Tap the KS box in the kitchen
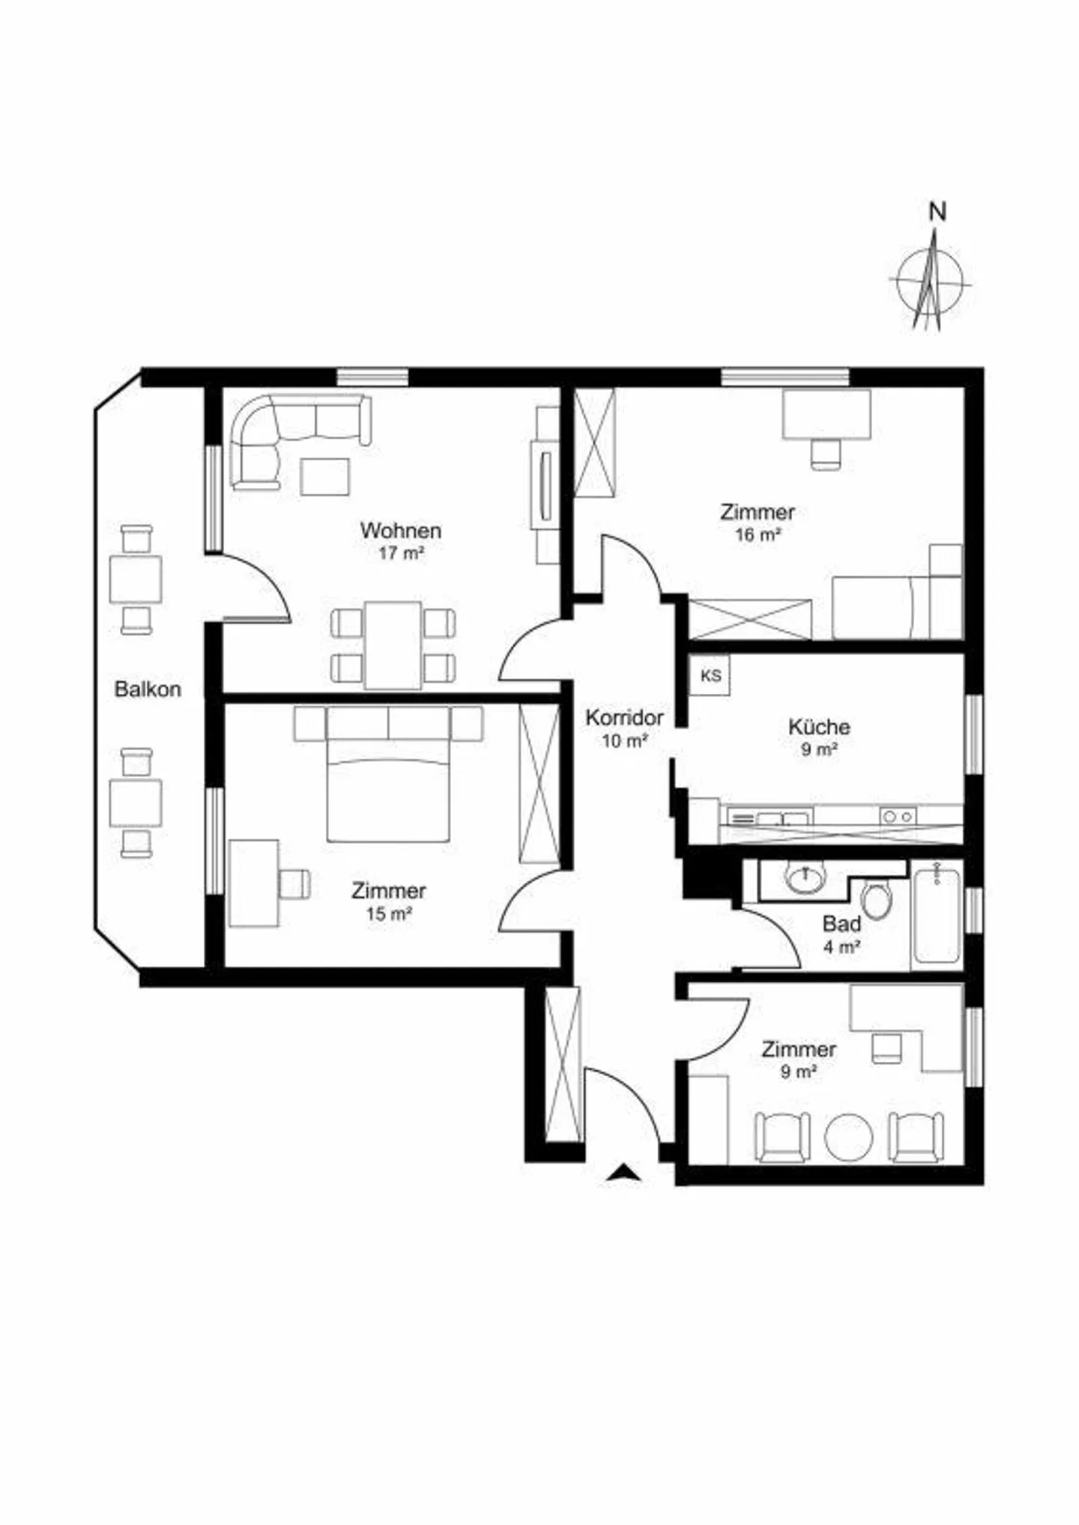(x=710, y=675)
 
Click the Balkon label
(x=148, y=689)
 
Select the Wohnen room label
(x=401, y=531)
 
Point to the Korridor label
(x=624, y=718)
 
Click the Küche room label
(x=819, y=726)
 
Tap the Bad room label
(x=841, y=924)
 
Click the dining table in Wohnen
(x=393, y=645)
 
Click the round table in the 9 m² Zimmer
(x=849, y=1136)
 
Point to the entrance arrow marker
(x=623, y=1174)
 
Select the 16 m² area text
(x=758, y=535)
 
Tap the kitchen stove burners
(x=898, y=817)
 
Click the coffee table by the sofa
(x=325, y=477)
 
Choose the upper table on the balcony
(x=136, y=579)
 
